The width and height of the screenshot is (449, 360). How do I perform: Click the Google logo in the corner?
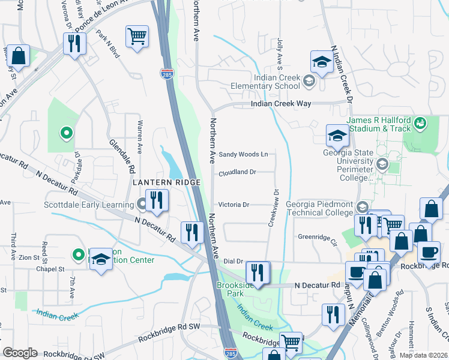[x=20, y=352]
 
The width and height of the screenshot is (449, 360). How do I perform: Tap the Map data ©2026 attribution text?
[x=424, y=355]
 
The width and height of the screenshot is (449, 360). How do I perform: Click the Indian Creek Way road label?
[x=281, y=104]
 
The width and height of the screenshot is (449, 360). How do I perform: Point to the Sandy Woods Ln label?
[x=243, y=154]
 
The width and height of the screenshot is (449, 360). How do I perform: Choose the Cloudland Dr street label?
[x=237, y=172]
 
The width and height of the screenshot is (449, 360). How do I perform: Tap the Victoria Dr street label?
[x=234, y=205]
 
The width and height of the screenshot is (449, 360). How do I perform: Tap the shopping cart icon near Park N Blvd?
[x=137, y=37]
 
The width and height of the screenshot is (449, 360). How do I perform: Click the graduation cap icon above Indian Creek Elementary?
[x=322, y=62]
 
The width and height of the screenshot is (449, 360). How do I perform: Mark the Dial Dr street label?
[x=232, y=261]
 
